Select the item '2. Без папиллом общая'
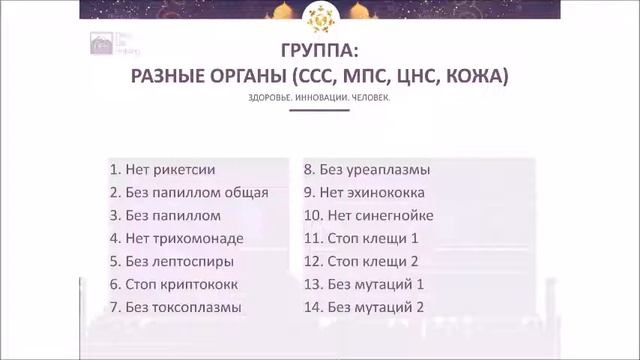(189, 192)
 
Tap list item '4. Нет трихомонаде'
(178, 238)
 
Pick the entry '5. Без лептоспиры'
(172, 261)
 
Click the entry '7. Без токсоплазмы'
(175, 307)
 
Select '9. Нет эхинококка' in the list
(364, 192)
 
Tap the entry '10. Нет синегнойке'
(368, 215)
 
